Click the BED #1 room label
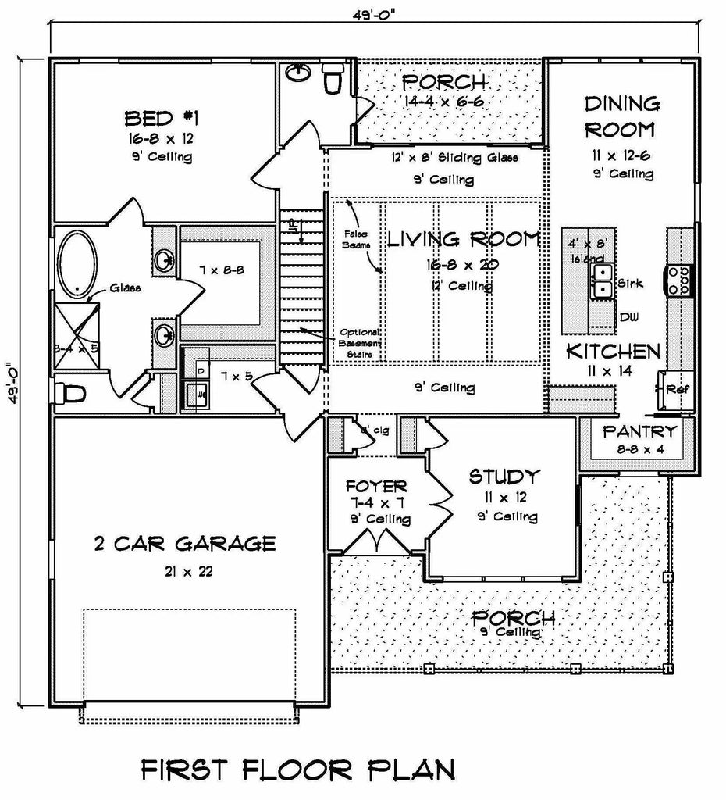[162, 119]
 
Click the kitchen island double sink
[602, 281]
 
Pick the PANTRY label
[639, 430]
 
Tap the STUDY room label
[504, 476]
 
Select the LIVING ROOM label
[463, 239]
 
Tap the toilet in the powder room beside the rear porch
[333, 80]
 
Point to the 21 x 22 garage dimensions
[185, 571]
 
